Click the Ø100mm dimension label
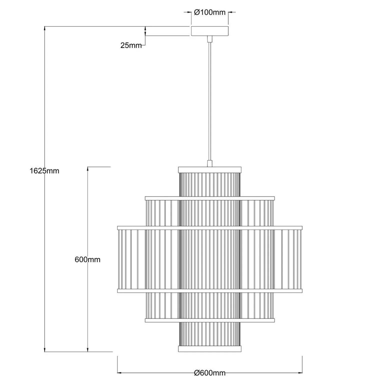(x=210, y=12)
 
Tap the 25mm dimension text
(x=131, y=45)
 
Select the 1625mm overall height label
(x=44, y=171)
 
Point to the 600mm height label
(x=87, y=259)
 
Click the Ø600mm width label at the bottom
(x=210, y=373)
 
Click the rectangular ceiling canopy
(x=210, y=31)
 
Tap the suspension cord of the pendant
(x=210, y=100)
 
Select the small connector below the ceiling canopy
(x=210, y=39)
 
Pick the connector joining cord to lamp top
(x=210, y=164)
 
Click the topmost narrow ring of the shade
(x=210, y=170)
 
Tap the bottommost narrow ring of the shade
(x=210, y=349)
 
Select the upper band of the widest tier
(x=210, y=228)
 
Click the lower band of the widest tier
(x=210, y=291)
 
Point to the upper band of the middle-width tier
(x=210, y=198)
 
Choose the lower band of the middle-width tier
(x=210, y=320)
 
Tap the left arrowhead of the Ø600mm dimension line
(x=119, y=373)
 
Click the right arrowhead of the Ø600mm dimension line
(x=300, y=373)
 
